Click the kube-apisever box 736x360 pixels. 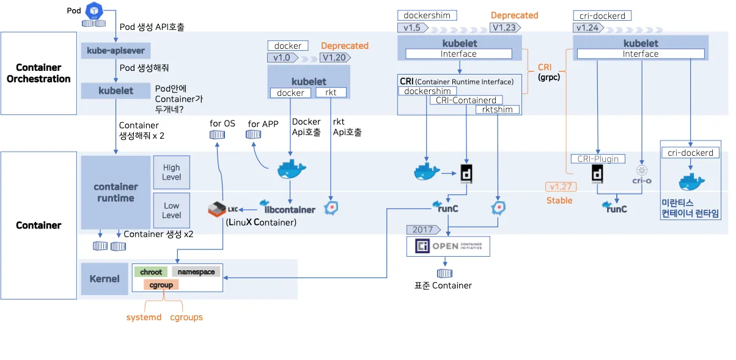116,50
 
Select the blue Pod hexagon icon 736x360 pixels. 94,10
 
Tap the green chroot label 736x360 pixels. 151,272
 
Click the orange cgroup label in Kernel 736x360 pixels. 161,285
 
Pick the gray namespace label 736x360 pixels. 196,272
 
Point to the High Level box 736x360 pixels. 172,172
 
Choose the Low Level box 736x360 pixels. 172,210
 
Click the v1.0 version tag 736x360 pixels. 282,58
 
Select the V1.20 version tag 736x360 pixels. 334,58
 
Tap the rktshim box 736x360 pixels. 498,109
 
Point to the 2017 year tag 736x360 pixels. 423,230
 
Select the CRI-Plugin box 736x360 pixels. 598,159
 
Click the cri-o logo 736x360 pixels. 642,174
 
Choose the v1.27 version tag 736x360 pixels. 559,187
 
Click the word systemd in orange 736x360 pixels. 144,317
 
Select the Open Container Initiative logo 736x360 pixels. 449,246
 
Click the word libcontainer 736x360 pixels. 290,210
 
